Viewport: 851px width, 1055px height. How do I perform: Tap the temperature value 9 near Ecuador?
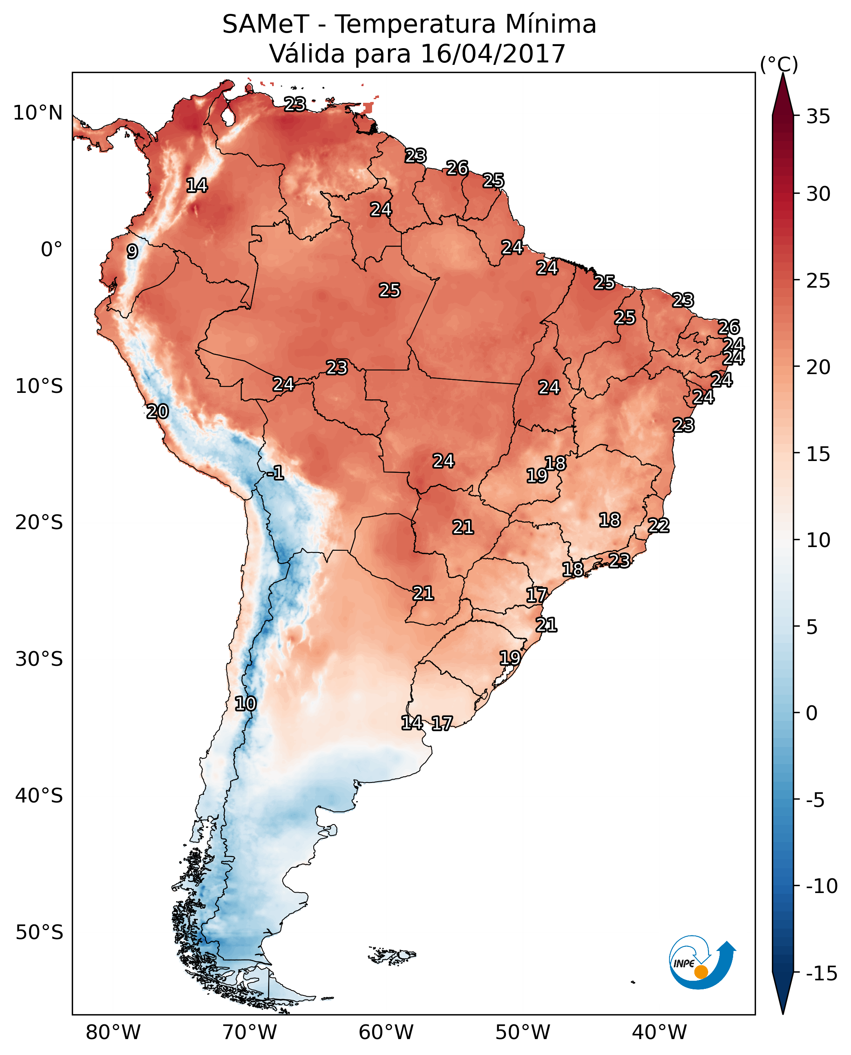coord(132,251)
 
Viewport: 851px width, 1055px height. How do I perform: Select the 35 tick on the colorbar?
coord(818,117)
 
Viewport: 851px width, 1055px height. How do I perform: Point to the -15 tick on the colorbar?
coord(822,974)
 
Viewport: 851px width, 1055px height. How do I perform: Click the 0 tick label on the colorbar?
coord(812,713)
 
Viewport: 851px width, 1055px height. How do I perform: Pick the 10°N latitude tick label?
coord(38,113)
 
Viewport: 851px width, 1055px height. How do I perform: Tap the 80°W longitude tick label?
coord(113,1032)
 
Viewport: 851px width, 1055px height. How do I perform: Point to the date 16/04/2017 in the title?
coord(493,54)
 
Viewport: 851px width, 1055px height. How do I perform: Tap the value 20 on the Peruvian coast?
coord(157,412)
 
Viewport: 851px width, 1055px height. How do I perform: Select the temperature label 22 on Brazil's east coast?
coord(658,525)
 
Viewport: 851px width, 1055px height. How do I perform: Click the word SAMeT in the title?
coord(266,24)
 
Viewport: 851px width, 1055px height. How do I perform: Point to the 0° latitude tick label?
coord(51,250)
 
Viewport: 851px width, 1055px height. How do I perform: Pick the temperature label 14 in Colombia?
coord(197,185)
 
